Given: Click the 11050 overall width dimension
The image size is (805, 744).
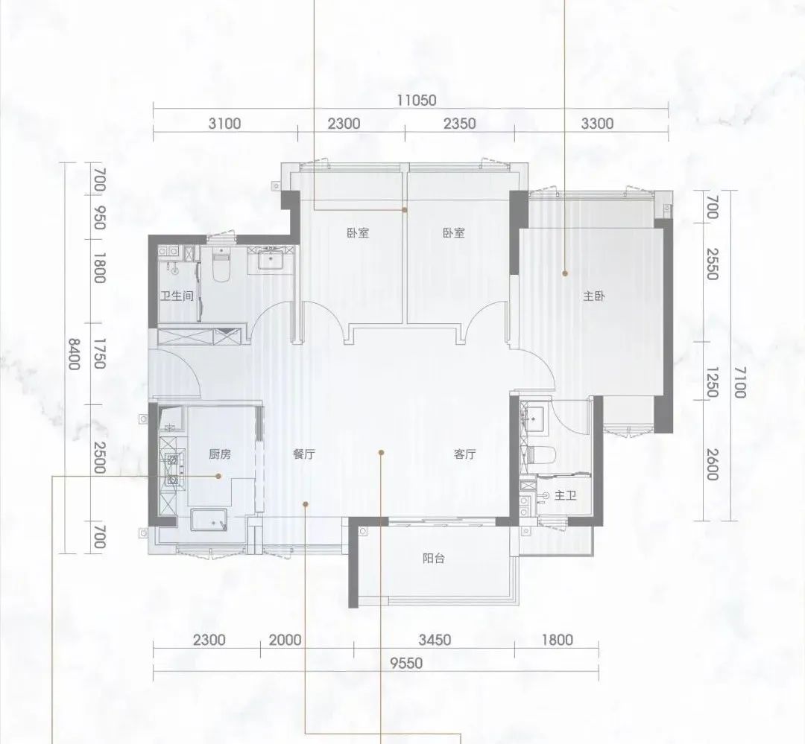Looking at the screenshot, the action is click(x=416, y=100).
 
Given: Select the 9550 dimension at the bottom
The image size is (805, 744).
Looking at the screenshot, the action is click(x=405, y=663).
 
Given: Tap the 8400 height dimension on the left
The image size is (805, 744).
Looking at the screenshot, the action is click(x=75, y=354).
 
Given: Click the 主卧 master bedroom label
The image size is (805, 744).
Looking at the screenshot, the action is click(x=594, y=296).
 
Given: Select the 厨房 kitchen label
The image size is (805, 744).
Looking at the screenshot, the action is click(x=220, y=454).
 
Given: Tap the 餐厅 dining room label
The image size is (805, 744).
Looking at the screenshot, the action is click(x=304, y=454).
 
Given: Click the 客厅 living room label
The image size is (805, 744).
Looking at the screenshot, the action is click(x=464, y=454).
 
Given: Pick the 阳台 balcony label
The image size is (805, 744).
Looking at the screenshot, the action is click(x=433, y=559).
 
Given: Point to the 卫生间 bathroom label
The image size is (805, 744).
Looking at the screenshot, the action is click(x=177, y=296).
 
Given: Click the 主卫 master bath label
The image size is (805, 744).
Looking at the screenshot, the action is click(x=565, y=495).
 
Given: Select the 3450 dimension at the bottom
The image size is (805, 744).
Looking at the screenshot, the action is click(x=435, y=640).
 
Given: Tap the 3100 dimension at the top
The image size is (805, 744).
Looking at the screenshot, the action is click(x=224, y=124).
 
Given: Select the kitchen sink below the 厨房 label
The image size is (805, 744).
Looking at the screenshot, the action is click(x=209, y=519).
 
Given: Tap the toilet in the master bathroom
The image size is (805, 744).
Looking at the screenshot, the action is click(x=543, y=454).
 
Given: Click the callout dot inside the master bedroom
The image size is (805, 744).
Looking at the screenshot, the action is click(x=565, y=273).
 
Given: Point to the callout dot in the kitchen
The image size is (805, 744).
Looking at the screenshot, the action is click(x=218, y=476).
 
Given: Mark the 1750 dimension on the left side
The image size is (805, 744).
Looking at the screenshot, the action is click(x=99, y=354).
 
